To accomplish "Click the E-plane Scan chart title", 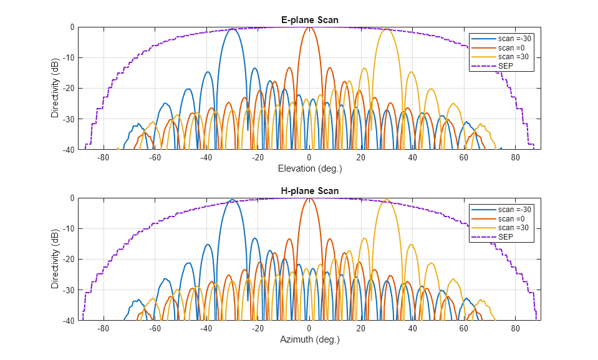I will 309,20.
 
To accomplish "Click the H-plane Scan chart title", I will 309,191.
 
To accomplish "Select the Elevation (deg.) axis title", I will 309,168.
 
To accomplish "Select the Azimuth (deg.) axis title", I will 309,339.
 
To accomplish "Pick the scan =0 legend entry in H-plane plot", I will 512,219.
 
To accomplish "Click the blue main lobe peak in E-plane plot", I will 232,29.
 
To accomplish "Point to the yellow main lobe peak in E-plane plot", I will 387,29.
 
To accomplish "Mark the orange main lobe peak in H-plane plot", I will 309,198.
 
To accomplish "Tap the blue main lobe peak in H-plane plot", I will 232,200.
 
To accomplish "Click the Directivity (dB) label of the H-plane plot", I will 55,259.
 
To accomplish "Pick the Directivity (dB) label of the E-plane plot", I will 55,88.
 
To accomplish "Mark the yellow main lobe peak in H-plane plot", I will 387,200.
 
